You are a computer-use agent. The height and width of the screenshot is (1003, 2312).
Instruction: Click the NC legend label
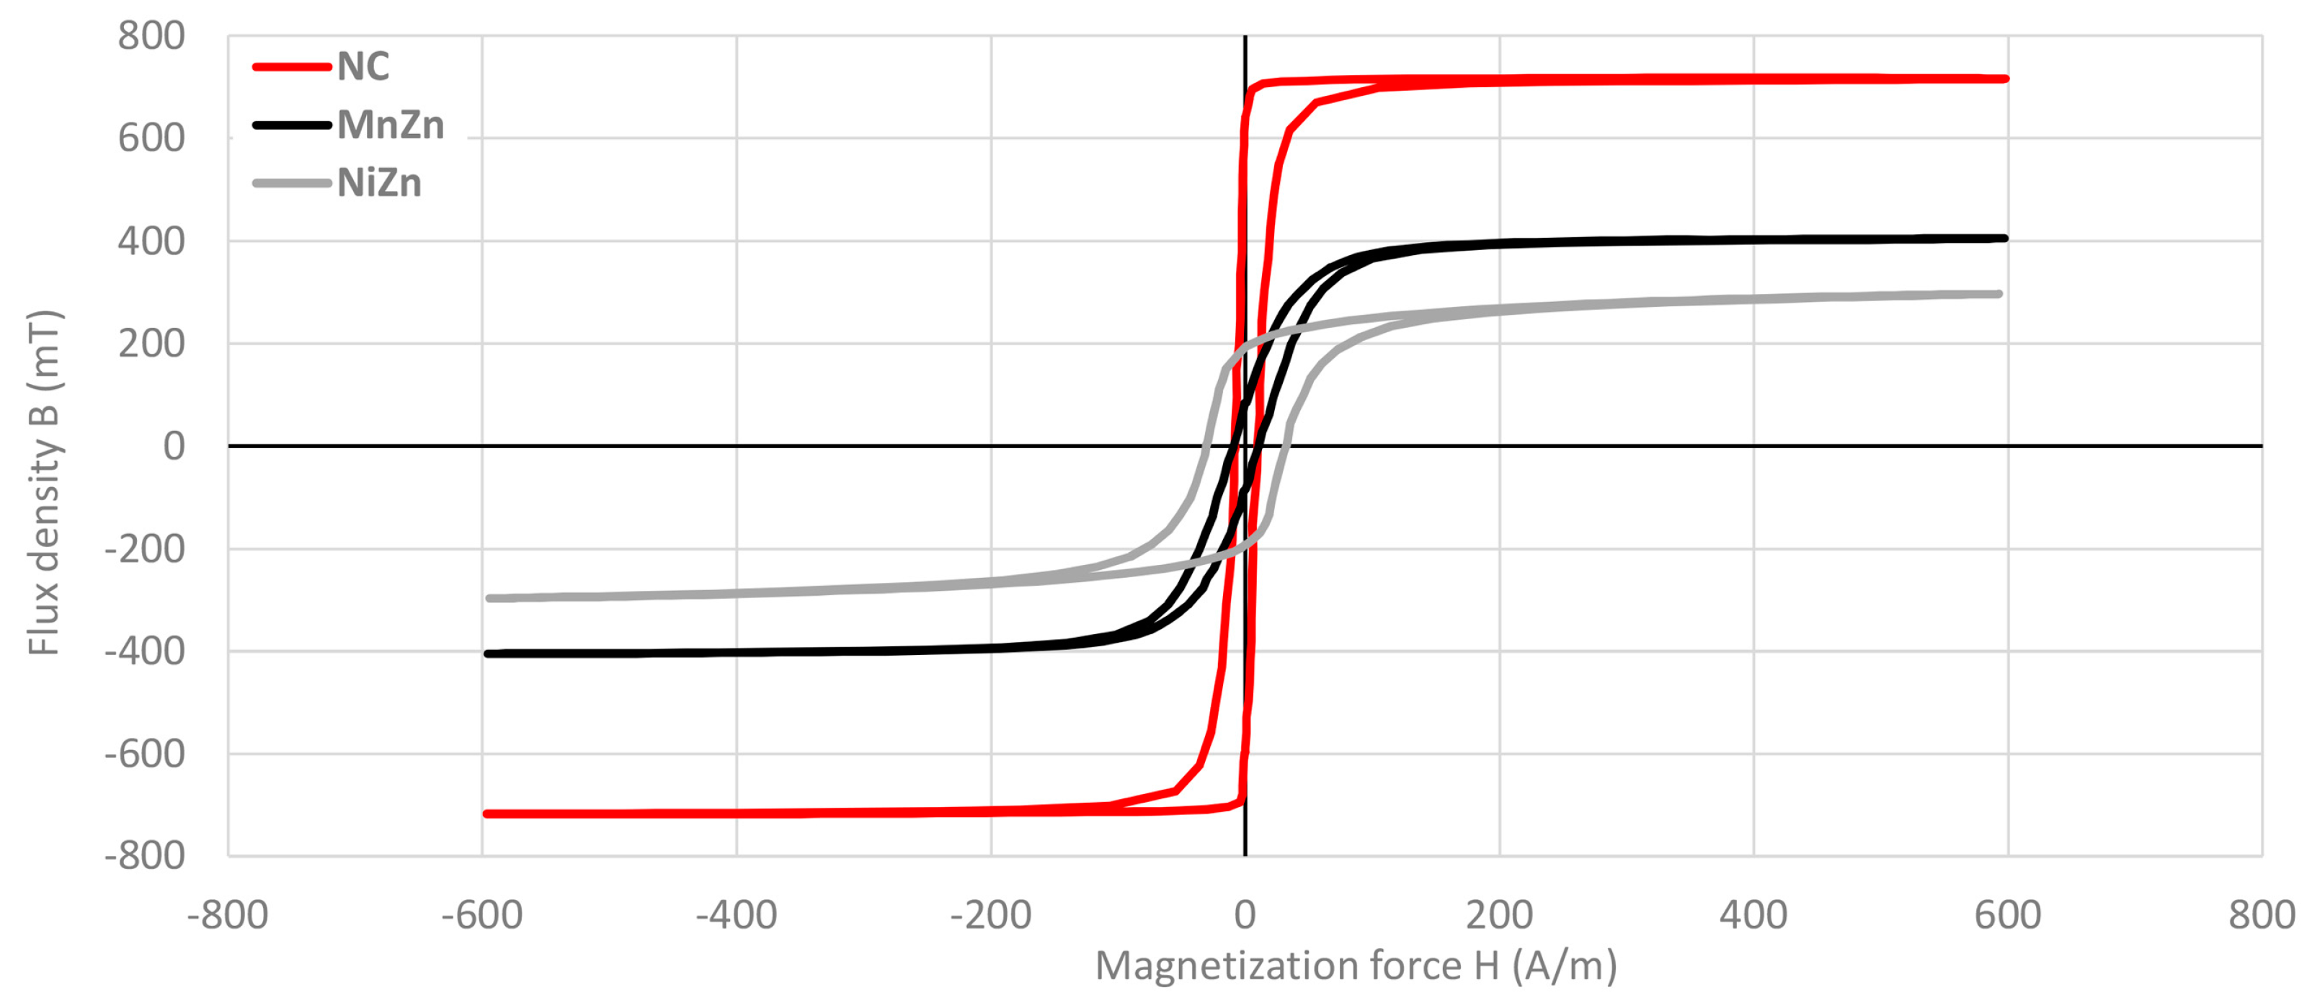click(363, 67)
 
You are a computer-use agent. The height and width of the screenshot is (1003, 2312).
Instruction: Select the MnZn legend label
click(391, 125)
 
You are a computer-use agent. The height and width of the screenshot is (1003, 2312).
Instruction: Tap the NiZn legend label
click(379, 184)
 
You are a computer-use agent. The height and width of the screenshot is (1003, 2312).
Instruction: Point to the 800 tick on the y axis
click(151, 37)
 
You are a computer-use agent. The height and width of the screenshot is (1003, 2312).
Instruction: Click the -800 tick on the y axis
click(144, 856)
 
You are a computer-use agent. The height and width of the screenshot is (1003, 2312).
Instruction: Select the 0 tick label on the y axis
click(174, 446)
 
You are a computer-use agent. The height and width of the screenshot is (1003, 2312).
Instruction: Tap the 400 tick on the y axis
click(151, 241)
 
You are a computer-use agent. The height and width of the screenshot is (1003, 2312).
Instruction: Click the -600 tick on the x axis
click(482, 916)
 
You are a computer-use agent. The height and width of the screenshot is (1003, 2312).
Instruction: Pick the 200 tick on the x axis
click(1499, 916)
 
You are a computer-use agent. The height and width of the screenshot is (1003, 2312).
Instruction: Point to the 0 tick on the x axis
click(1245, 916)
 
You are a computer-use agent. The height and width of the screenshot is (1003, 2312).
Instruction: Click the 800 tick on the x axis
click(2262, 916)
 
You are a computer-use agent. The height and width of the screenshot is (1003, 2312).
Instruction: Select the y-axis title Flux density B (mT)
click(43, 483)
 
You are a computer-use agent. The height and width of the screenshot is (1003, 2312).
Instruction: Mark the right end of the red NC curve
click(2006, 79)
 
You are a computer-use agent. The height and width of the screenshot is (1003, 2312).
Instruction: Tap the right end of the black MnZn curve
click(2005, 239)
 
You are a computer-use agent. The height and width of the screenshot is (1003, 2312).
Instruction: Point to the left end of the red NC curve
click(486, 813)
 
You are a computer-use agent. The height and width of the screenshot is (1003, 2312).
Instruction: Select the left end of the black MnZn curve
click(486, 654)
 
